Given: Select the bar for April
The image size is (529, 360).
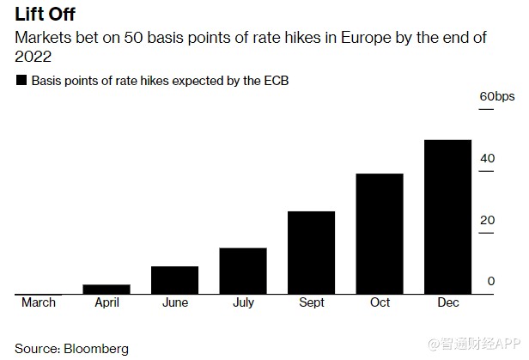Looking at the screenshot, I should coord(106,289).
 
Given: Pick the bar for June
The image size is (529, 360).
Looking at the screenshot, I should coord(174,280).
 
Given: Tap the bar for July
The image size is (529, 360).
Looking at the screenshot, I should coord(243,271).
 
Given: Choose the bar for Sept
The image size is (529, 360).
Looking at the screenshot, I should coord(311,253).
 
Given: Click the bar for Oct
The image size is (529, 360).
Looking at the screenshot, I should coord(380,234).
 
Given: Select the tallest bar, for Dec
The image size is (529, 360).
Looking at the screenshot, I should coord(447,217).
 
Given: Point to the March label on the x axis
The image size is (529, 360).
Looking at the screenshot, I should coord(38,302).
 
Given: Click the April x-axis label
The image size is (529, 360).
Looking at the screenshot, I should coord(106,302).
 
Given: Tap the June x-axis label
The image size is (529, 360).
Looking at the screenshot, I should coord(174,302).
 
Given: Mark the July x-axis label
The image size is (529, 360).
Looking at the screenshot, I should coord(243,302).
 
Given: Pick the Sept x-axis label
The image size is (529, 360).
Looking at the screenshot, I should coord(311,302).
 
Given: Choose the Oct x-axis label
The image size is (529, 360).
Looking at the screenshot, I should coord(380,302).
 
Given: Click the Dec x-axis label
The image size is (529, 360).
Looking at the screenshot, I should coord(447,302).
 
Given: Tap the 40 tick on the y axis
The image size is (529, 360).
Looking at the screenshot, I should coord(487,158).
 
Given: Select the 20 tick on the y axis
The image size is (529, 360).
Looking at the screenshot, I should coord(487,220).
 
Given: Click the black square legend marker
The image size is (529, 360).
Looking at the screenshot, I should coord(20,81).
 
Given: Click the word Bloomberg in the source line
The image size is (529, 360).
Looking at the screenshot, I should coord(95,349).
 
